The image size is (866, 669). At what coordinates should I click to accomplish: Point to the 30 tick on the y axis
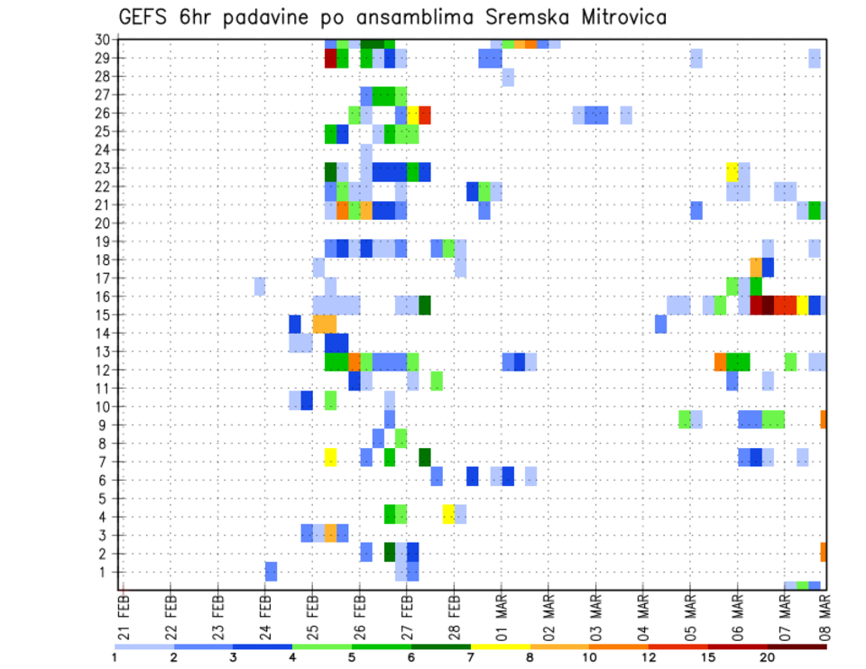103,40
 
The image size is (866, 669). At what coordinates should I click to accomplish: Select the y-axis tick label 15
103,315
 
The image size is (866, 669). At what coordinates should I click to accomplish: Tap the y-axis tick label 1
106,572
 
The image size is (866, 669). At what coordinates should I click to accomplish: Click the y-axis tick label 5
106,498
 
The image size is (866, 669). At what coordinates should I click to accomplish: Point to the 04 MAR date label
642,612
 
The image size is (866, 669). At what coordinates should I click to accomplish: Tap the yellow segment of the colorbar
501,646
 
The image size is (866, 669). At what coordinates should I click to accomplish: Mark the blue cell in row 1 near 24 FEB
271,572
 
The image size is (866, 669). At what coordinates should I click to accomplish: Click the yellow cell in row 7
330,457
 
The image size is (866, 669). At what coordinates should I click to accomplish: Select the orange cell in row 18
756,266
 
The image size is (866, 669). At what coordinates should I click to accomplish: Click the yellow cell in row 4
448,513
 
